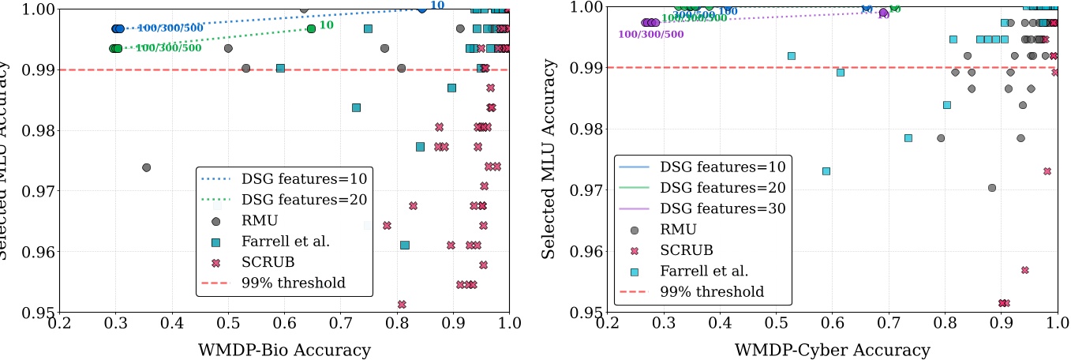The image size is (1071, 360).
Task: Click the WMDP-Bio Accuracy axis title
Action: pos(284,349)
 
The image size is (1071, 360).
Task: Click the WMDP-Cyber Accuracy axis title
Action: pos(832,349)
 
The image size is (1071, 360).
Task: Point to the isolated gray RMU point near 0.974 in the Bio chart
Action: pos(146,167)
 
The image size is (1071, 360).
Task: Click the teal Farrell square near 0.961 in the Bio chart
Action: pos(405,245)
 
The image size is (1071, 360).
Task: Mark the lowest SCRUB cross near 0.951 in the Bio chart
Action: pos(402,304)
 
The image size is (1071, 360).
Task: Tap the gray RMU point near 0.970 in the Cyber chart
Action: pos(992,187)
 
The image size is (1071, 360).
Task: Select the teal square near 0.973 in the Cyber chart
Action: pos(826,171)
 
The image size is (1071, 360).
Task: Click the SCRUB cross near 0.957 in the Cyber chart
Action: pos(1025,270)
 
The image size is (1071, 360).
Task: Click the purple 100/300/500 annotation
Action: pos(651,34)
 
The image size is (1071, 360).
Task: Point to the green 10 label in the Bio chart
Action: pos(325,25)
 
